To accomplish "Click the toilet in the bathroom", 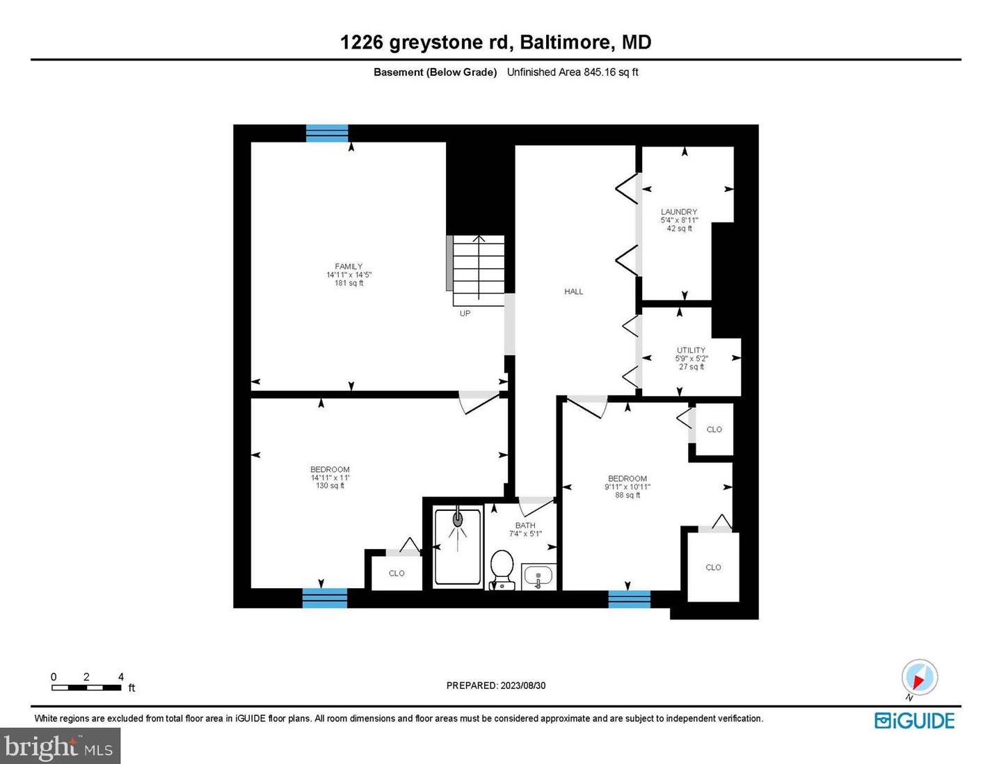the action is (502, 569).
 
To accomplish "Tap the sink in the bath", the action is (538, 576).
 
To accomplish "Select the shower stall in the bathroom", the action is (458, 546).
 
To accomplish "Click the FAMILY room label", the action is (349, 266).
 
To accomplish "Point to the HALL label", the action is (573, 291).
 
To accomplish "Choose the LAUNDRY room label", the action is (679, 211).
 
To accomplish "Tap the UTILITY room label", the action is (691, 350).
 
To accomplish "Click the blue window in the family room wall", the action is (327, 133).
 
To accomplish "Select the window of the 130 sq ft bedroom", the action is (325, 598).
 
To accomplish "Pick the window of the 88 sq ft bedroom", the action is (629, 599).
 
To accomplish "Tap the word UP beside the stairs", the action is (465, 314).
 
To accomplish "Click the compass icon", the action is (919, 678).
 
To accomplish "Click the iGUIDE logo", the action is (914, 721).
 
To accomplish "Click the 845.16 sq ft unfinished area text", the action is (610, 72).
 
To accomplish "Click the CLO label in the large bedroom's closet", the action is (397, 574).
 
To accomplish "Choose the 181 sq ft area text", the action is (349, 283).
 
